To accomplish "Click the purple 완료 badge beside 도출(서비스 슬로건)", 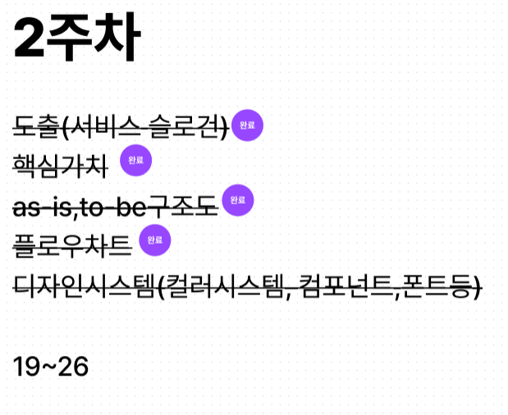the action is (247, 125).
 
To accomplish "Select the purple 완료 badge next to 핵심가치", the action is (136, 160).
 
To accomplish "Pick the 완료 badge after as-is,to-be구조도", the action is (238, 200).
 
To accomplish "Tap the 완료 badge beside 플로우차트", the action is (155, 240).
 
